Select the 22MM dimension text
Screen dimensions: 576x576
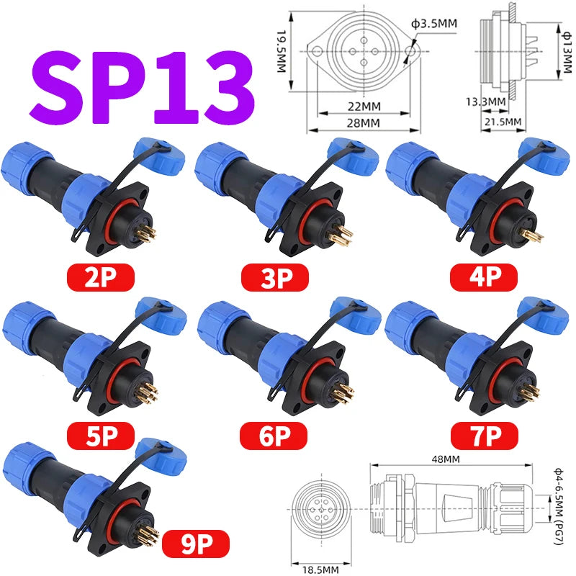[363, 106]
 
